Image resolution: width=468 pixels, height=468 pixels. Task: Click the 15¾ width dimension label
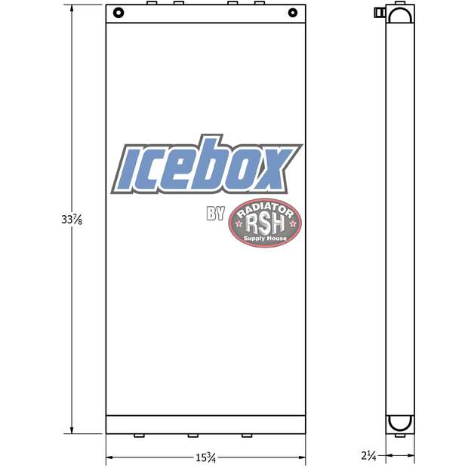click(x=205, y=457)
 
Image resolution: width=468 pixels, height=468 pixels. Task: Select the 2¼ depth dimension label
click(x=369, y=455)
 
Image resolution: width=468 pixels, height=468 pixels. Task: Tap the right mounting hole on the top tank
click(x=293, y=13)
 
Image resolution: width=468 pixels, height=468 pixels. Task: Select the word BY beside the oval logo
click(x=215, y=214)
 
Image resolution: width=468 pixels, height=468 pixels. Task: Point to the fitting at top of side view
click(x=380, y=12)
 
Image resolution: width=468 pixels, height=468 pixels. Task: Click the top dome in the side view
click(x=400, y=14)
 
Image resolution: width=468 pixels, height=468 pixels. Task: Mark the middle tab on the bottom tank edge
click(x=192, y=436)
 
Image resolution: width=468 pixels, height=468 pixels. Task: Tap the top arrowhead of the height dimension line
click(x=72, y=8)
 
